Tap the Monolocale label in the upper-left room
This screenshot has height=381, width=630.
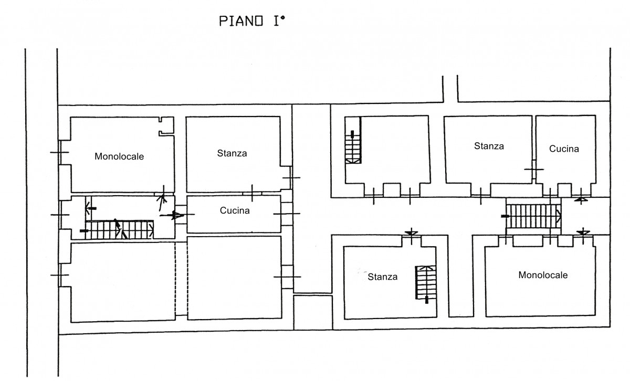(x=119, y=156)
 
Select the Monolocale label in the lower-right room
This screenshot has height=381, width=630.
(x=543, y=274)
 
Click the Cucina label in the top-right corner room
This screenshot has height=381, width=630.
(x=564, y=149)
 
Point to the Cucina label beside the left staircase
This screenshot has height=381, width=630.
(x=234, y=210)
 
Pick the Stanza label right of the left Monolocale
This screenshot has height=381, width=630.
(x=232, y=154)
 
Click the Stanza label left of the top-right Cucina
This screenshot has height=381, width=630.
(x=489, y=146)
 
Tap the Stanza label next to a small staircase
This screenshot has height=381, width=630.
(x=382, y=277)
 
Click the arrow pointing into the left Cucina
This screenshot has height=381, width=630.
(x=177, y=215)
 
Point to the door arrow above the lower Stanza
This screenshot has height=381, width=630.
(x=412, y=232)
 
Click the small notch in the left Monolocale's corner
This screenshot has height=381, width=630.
(x=167, y=126)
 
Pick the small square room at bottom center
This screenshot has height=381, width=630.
(x=312, y=313)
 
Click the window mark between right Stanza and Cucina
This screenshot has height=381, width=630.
(x=533, y=169)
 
